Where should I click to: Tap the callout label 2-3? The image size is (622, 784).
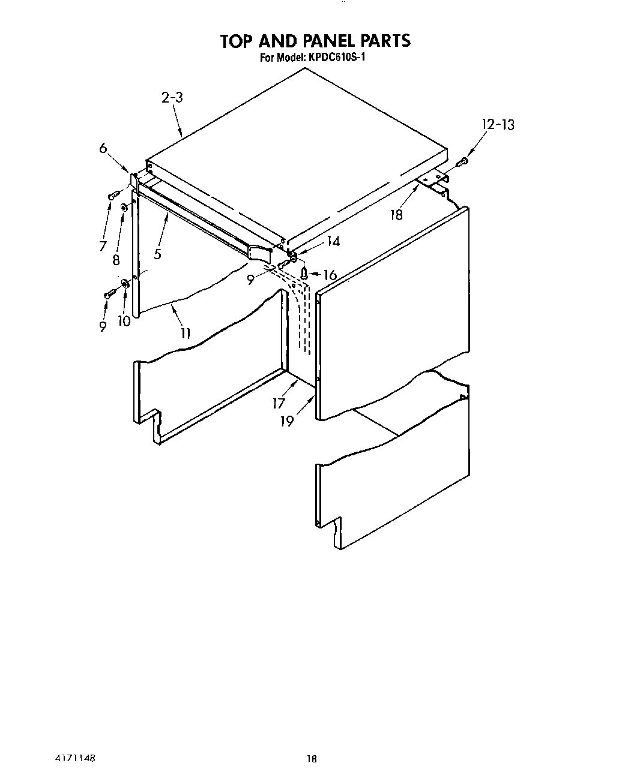(x=172, y=97)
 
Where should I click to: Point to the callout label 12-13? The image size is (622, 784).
(x=498, y=125)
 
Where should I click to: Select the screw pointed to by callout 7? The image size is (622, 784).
(x=112, y=194)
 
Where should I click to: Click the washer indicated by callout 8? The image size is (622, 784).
(x=124, y=208)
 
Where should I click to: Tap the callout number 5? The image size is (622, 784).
(x=157, y=254)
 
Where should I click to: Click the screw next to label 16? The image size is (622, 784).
(x=304, y=273)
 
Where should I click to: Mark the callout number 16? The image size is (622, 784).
(x=330, y=275)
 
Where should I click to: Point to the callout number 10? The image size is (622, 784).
(x=124, y=321)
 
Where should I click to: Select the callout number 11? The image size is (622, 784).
(x=186, y=333)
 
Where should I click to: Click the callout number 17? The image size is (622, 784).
(x=279, y=403)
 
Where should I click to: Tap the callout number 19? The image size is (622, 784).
(x=287, y=421)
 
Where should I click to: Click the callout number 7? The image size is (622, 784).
(x=103, y=246)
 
